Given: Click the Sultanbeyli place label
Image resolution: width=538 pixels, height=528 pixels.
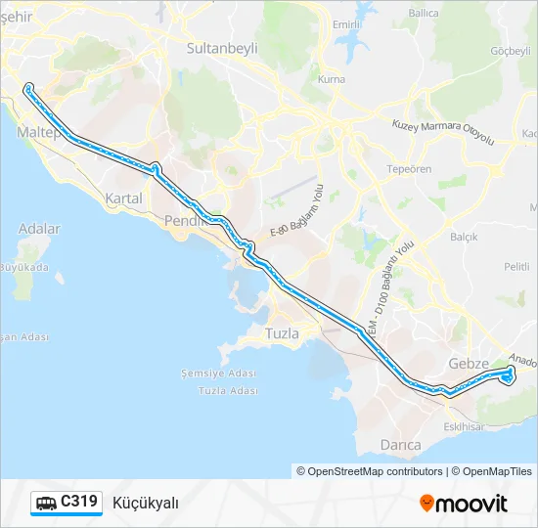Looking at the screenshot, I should pos(221,45).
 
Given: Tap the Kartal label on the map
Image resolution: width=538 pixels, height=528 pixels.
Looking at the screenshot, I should pos(123,198).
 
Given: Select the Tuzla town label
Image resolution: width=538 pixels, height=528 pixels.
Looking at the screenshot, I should pos(283,333).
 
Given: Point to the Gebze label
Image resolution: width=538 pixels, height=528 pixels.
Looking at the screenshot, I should pos(468,364).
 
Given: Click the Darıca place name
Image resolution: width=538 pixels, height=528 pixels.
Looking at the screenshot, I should pos(400,445).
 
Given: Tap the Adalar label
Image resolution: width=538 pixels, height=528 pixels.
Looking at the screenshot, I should pos(39,229).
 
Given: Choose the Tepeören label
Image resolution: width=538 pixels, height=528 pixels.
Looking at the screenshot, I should pos(410,168).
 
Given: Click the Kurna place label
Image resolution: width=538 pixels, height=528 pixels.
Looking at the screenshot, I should pos(333,78).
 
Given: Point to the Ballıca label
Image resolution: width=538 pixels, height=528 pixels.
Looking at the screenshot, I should pos(423,14).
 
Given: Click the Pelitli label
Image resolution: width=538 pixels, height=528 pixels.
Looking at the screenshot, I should pos(516,266).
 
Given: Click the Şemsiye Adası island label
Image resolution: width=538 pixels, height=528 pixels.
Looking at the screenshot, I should pos(218,374).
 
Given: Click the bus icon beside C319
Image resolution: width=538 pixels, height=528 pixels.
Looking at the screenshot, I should pos(46,503).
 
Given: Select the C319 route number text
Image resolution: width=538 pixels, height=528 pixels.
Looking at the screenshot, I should pos(79,502).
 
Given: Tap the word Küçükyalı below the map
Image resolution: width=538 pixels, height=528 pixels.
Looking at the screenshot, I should pos(146,503).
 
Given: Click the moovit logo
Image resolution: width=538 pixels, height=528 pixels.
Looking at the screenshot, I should pos(464,504).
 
